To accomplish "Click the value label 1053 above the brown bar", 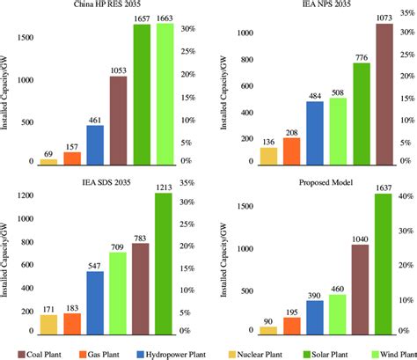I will (119, 70).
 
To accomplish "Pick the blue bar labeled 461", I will (95, 145).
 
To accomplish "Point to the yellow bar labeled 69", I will (48, 161).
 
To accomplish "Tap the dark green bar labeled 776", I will (361, 114).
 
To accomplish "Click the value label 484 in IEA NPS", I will (315, 94).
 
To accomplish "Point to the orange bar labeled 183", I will (72, 323).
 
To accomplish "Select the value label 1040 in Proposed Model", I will (361, 238).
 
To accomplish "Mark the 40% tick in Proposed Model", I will (407, 195).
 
